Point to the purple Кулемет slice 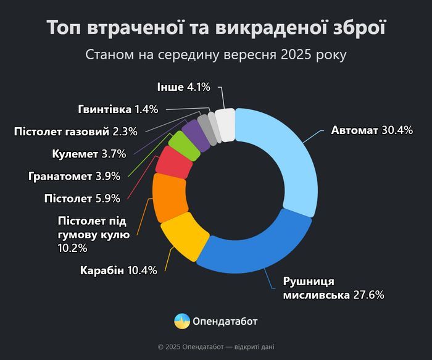[x=197, y=132]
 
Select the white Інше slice [x=225, y=125]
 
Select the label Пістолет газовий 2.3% [x=75, y=131]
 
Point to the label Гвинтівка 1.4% [x=118, y=109]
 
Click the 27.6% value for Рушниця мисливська [x=368, y=295]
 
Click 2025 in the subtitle [x=296, y=55]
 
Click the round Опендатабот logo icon [x=182, y=321]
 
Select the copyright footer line [x=216, y=347]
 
